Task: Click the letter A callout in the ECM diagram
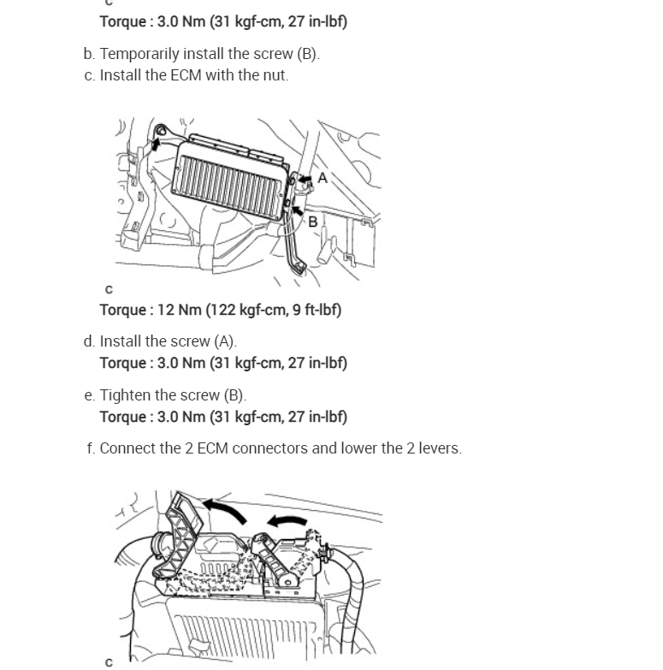coord(323,178)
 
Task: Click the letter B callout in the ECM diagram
coord(312,221)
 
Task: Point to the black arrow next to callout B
coord(296,208)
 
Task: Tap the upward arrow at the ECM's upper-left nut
coord(155,142)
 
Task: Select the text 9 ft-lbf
coord(316,310)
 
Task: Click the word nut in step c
coord(276,75)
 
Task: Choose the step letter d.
coord(88,341)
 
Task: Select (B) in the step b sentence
coord(307,54)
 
